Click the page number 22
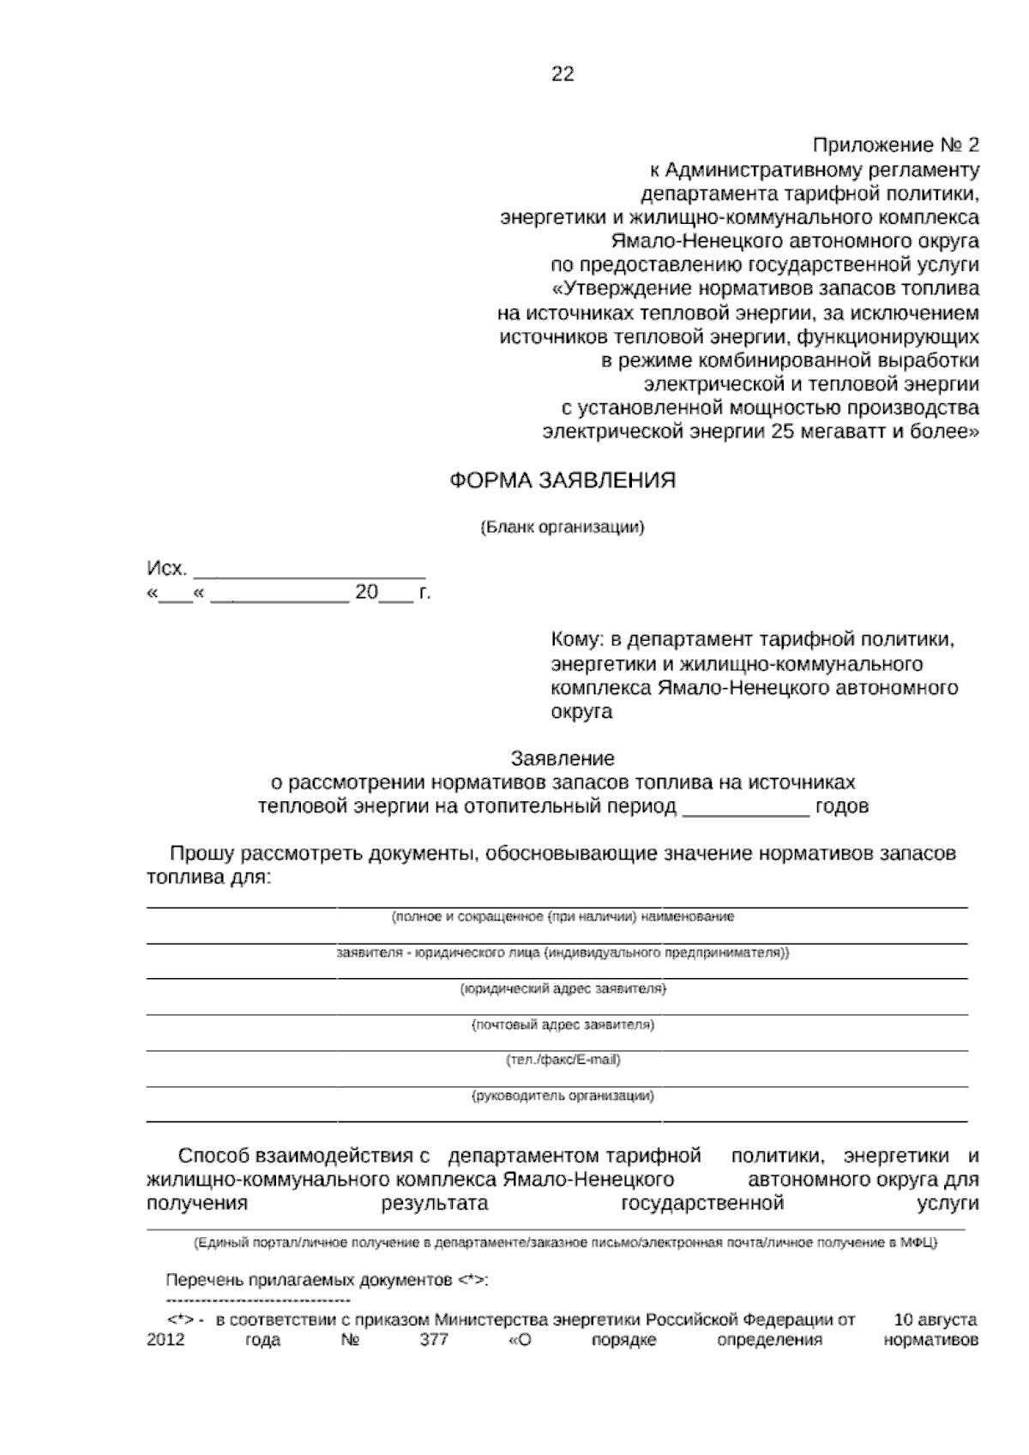pos(563,75)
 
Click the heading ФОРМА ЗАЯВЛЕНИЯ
pos(563,480)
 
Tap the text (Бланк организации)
pos(563,527)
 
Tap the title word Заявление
pos(563,758)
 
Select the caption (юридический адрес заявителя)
pos(563,989)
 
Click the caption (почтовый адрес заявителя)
pos(563,1024)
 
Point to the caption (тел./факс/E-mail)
pos(563,1060)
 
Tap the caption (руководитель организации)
pos(563,1096)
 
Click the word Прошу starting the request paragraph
pos(203,854)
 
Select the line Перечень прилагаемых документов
pos(327,1281)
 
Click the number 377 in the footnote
pos(434,1341)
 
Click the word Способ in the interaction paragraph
pos(214,1156)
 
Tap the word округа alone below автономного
pos(581,712)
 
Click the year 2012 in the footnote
pos(166,1341)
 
